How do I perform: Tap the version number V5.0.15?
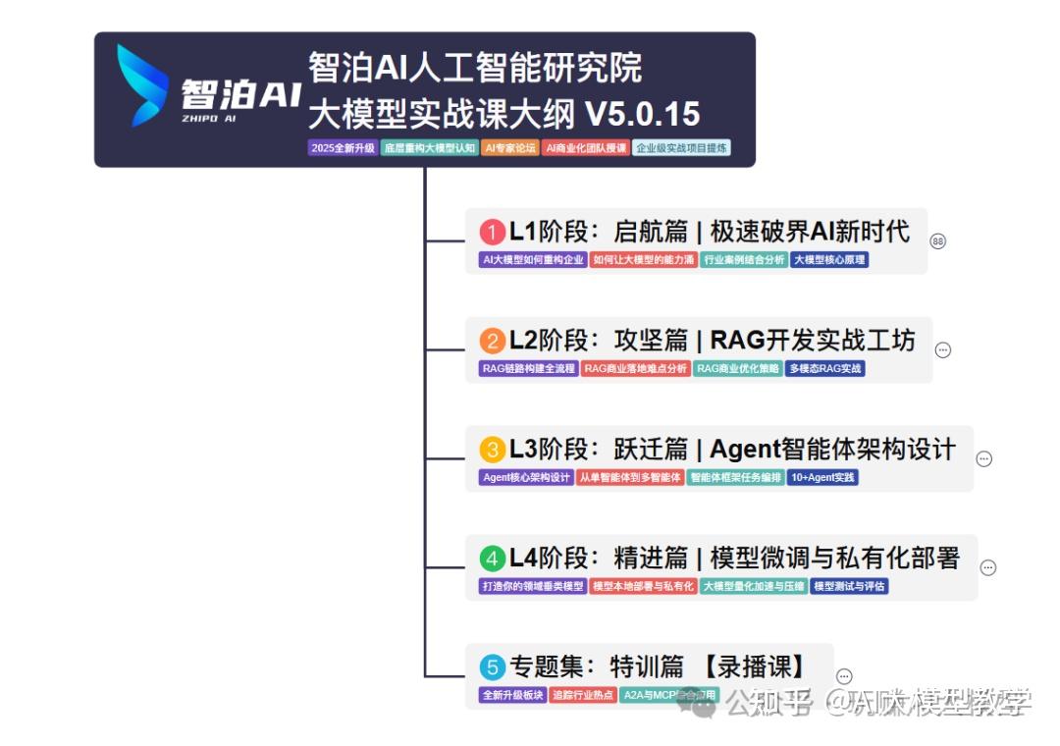click(643, 115)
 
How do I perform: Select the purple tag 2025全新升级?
click(343, 148)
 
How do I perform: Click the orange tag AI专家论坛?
click(510, 148)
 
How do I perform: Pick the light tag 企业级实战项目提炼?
click(682, 148)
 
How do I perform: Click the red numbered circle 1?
click(492, 233)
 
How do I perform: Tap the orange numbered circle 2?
click(492, 341)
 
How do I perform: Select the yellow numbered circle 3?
click(492, 450)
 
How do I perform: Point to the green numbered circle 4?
click(492, 559)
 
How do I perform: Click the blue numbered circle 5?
click(492, 667)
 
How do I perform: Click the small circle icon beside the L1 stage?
click(938, 241)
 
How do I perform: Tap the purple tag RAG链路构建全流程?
click(528, 369)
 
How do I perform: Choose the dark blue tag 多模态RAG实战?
click(825, 369)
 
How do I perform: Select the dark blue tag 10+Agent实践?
click(822, 478)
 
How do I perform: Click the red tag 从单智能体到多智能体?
click(630, 478)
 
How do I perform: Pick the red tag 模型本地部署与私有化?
click(643, 586)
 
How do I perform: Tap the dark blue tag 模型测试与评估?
click(850, 586)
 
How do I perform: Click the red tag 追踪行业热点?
click(583, 695)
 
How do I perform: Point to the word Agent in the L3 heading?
click(745, 450)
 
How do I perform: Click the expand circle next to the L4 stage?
click(988, 567)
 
